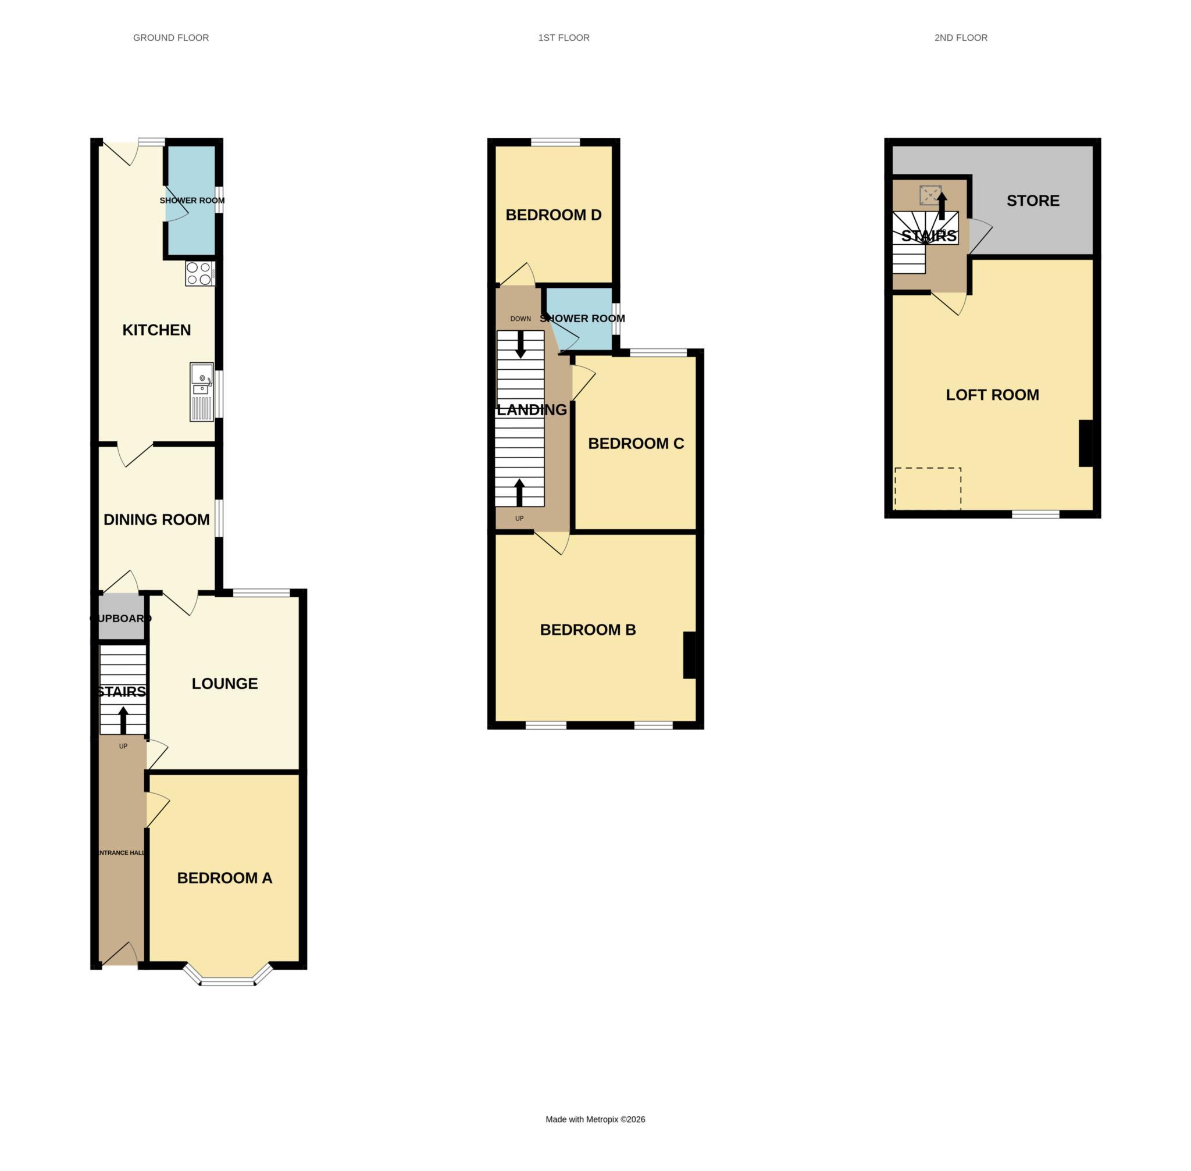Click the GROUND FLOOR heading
170,38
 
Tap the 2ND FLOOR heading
960,38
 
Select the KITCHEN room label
156,330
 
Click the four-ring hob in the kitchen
200,274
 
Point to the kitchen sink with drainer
202,392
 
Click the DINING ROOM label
156,520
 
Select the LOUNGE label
224,683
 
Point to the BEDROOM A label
224,877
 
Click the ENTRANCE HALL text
121,852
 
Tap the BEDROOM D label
553,215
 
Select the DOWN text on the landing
520,319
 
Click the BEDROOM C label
636,444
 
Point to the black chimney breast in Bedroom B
689,655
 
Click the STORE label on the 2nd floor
1032,201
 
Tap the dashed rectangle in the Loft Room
927,488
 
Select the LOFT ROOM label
992,395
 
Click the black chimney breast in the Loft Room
1085,443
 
